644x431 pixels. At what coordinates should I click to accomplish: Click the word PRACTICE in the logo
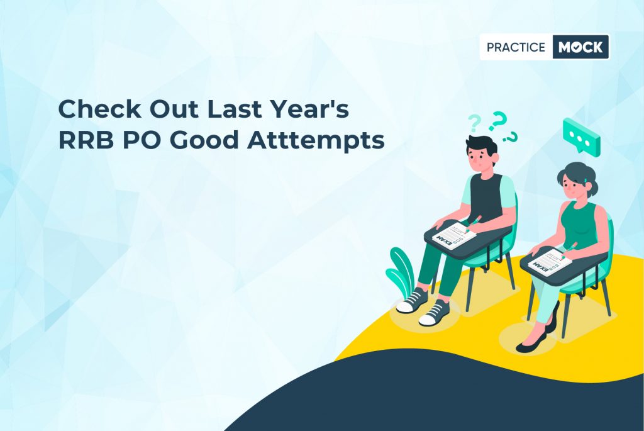pyautogui.click(x=516, y=47)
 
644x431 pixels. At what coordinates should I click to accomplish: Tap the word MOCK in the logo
pyautogui.click(x=580, y=47)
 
